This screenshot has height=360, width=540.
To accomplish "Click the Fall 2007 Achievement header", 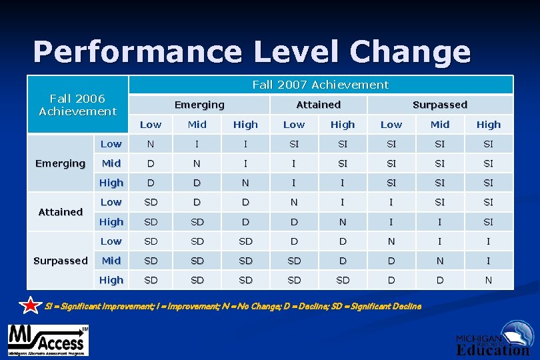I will click(x=320, y=85).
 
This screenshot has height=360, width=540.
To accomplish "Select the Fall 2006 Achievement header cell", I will click(x=77, y=105).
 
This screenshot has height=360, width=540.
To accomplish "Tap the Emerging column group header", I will click(x=199, y=105).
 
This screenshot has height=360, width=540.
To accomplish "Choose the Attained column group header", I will click(x=318, y=105).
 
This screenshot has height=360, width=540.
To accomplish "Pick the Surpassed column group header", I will click(x=439, y=105).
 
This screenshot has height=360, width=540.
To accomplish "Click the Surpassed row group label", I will click(x=61, y=261).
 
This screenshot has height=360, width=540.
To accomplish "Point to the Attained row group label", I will click(x=61, y=212).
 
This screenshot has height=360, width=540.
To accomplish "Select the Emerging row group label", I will click(x=61, y=163).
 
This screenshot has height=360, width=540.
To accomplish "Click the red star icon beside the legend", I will click(x=31, y=306).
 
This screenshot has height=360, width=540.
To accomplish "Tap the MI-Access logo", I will click(x=47, y=339).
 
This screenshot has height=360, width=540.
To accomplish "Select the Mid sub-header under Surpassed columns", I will click(x=440, y=125).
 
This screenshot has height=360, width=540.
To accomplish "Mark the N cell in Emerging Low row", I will click(x=151, y=144).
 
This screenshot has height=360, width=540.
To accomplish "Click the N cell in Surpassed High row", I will click(x=488, y=280).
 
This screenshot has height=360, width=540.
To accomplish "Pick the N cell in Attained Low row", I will click(x=293, y=202).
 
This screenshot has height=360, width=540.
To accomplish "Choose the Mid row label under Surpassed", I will click(x=111, y=261).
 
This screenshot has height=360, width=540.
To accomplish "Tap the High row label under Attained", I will click(x=111, y=221).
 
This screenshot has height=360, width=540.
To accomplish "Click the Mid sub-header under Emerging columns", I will click(x=197, y=125).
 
